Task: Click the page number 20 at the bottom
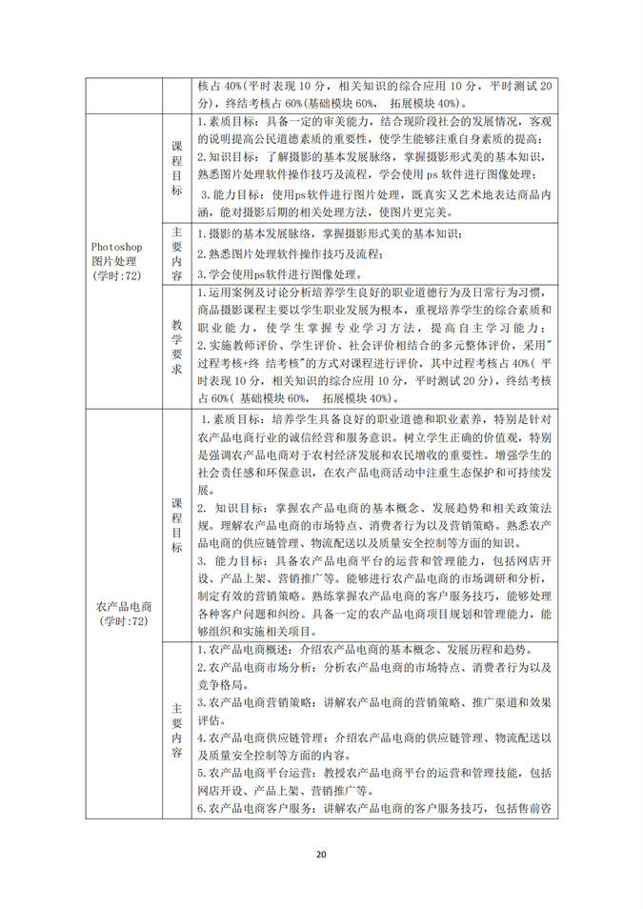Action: [321, 854]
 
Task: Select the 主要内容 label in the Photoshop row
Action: [176, 253]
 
